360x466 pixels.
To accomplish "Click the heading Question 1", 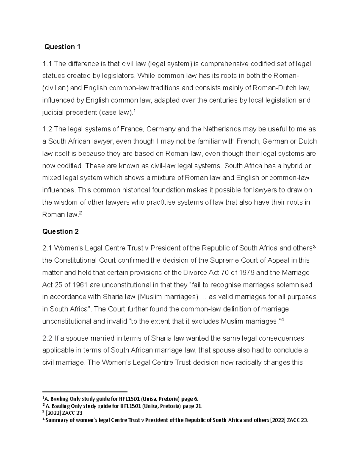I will (x=62, y=47).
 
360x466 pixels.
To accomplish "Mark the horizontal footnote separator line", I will (x=85, y=392).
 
